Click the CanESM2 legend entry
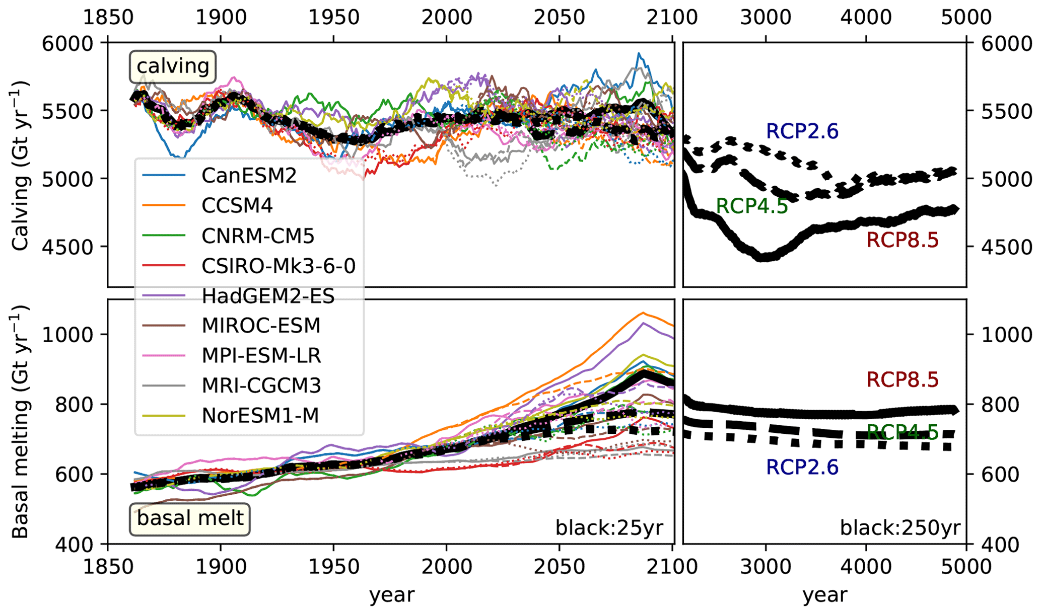(x=249, y=176)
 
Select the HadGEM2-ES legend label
(x=268, y=296)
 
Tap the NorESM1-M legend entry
(x=260, y=416)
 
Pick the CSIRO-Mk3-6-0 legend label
(x=278, y=266)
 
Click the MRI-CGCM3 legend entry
(x=261, y=386)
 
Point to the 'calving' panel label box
(x=173, y=66)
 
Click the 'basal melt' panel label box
(x=190, y=518)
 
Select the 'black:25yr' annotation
(x=609, y=528)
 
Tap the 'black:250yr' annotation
(x=900, y=528)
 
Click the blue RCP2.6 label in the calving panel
(x=802, y=131)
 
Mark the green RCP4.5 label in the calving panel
(x=751, y=206)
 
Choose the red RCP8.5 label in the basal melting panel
(x=902, y=379)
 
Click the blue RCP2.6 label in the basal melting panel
(x=802, y=468)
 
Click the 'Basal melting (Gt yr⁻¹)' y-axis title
(x=20, y=422)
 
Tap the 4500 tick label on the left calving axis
(x=67, y=247)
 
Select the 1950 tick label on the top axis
(x=333, y=18)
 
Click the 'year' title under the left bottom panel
(x=391, y=595)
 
